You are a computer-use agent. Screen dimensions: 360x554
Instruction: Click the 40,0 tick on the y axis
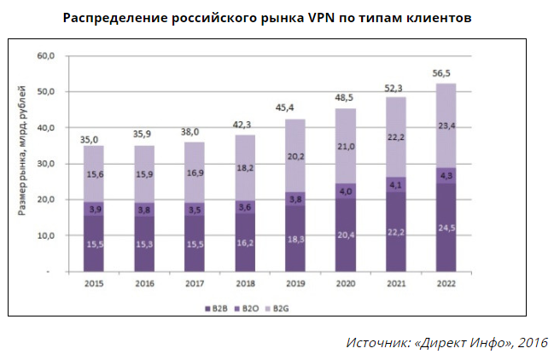[x=44, y=128]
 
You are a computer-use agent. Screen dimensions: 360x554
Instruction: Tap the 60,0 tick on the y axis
[x=44, y=56]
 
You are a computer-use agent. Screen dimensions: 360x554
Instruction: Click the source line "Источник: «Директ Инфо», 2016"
[x=446, y=342]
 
